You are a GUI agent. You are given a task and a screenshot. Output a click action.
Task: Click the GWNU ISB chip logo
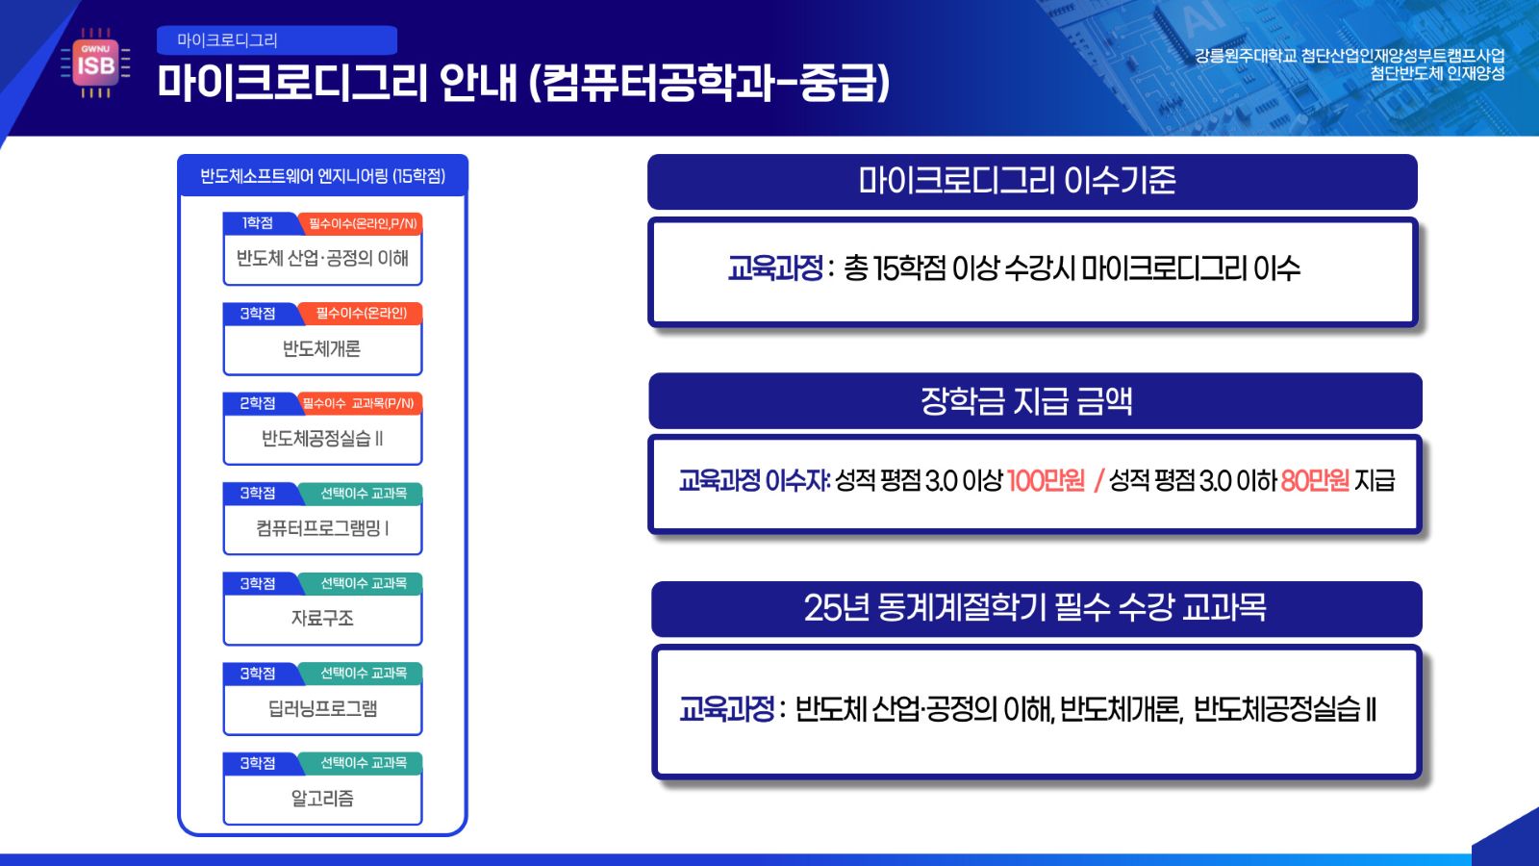point(95,64)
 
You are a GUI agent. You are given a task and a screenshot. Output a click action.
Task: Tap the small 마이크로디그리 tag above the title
point(277,39)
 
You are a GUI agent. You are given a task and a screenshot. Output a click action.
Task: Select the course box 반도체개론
point(322,339)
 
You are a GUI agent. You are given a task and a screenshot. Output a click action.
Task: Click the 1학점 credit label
point(258,222)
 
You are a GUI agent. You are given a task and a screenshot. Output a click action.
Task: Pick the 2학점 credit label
point(258,403)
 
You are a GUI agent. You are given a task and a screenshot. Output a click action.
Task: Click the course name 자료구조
point(322,619)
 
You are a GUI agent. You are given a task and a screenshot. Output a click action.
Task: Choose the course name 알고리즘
point(322,799)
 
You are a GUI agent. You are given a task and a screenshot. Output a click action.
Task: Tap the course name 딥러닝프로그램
point(322,708)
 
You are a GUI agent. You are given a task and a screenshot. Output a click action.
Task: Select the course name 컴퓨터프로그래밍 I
point(322,528)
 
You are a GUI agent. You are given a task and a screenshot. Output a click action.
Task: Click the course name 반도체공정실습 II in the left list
point(322,439)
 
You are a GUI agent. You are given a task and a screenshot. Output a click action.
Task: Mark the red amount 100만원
point(1046,480)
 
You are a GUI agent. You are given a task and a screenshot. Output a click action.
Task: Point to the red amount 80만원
point(1315,480)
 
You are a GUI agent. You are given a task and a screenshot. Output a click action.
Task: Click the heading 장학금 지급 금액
point(1026,401)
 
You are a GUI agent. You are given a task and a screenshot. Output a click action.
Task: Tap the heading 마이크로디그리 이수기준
point(1017,181)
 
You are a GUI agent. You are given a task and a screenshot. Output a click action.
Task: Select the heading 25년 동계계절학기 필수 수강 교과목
point(1035,608)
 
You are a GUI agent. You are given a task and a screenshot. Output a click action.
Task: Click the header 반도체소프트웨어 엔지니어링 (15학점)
point(323,177)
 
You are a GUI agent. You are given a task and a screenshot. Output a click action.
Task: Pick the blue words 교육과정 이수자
point(754,480)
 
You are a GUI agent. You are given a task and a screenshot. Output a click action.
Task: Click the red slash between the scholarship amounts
point(1097,480)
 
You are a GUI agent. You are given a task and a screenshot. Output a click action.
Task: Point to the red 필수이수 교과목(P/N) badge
point(360,403)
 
